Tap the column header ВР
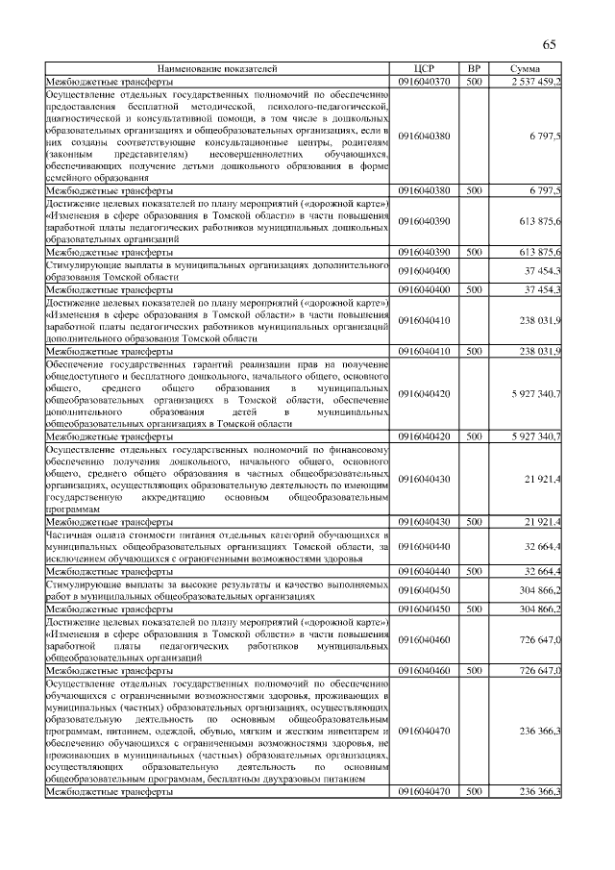[473, 70]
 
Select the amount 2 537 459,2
[530, 83]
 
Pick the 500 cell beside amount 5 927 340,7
[473, 435]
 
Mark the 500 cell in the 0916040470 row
[473, 791]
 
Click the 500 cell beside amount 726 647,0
[473, 669]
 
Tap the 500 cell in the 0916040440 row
[473, 570]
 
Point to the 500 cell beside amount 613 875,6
[473, 252]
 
